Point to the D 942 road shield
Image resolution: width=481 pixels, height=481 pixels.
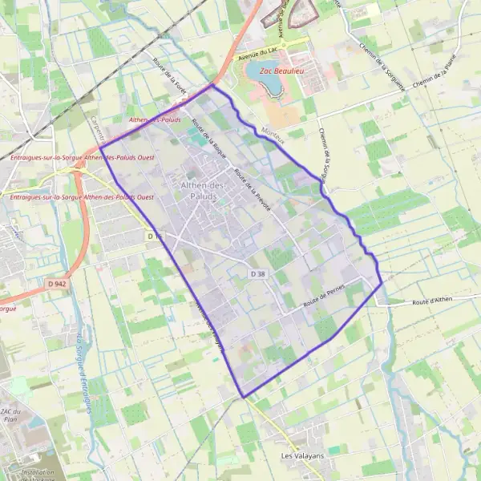pos(56,284)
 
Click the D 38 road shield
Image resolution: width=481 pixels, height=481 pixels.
pos(257,274)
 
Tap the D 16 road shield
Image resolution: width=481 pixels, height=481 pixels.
pos(155,236)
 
